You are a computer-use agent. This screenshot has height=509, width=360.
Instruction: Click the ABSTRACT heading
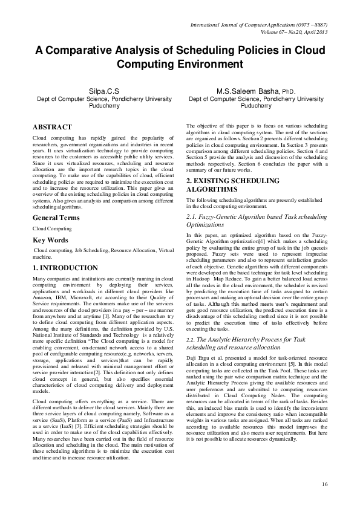53,128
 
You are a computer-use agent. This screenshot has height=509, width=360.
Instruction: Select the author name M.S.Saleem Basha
246,91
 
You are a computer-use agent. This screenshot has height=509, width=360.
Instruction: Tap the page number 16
324,484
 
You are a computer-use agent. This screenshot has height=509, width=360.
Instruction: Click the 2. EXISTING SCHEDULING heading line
232,181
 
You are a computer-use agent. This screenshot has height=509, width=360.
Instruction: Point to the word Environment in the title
210,64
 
